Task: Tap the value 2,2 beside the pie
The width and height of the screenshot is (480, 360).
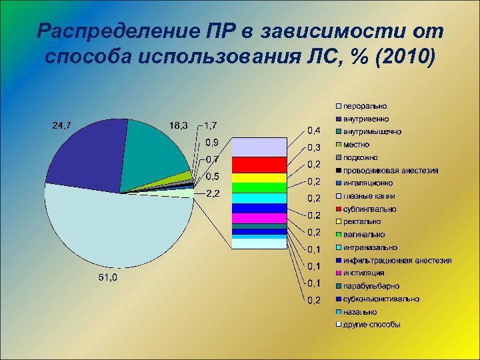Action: [x=214, y=194]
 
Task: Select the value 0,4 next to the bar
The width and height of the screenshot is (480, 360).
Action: [x=313, y=129]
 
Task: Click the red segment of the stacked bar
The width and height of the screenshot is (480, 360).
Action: [x=258, y=164]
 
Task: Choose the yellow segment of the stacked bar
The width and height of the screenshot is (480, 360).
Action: [x=258, y=177]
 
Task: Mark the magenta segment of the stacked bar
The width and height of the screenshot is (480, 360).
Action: [x=258, y=218]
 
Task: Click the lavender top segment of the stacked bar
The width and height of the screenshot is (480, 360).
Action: [x=258, y=147]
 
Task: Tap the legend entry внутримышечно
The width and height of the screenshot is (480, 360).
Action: [x=372, y=131]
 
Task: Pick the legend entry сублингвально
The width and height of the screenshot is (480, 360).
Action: [x=369, y=209]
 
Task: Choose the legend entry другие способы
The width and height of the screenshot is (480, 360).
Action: [x=371, y=325]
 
